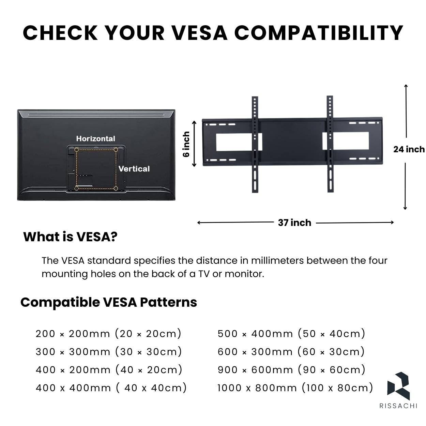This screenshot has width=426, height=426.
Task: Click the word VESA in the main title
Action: (200, 33)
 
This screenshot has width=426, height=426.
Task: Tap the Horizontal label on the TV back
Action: (95, 139)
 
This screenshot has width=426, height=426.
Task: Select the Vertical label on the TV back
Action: (134, 169)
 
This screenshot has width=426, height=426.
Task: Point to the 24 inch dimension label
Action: (409, 150)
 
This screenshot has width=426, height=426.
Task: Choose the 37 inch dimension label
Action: (294, 223)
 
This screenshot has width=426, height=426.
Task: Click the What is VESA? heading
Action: (70, 237)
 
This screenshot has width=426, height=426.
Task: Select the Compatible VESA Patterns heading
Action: (109, 302)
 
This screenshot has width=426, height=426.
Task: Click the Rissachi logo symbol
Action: (398, 386)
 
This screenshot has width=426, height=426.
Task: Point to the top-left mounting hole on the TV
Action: (76, 150)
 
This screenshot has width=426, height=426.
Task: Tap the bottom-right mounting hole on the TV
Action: (116, 188)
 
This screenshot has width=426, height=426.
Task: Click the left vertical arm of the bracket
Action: (255, 144)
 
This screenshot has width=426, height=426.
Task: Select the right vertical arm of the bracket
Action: (330, 144)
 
